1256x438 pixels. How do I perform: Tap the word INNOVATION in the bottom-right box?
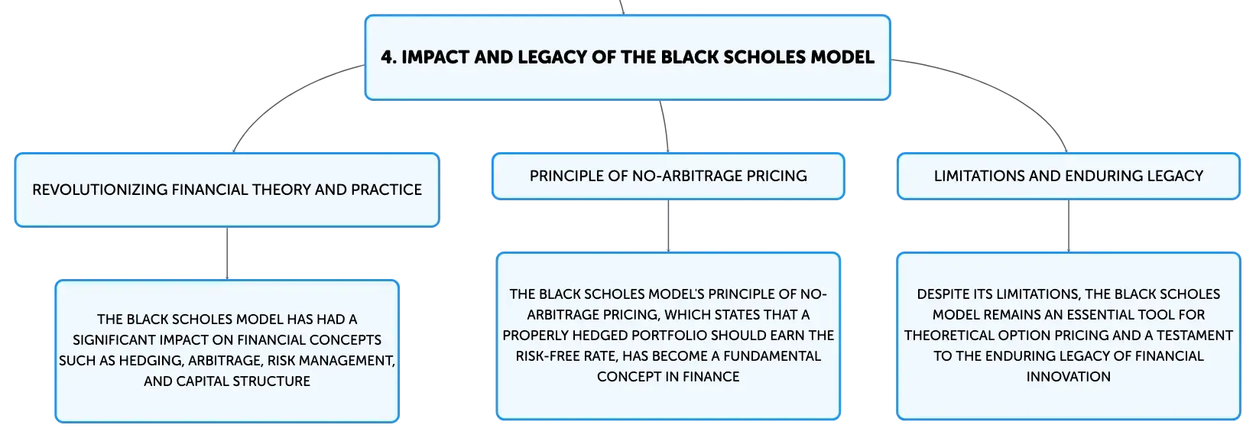pyautogui.click(x=1069, y=377)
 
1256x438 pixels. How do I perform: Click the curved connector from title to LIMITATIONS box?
pyautogui.click(x=1004, y=89)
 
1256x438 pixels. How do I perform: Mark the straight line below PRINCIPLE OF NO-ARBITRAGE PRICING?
pyautogui.click(x=668, y=226)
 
